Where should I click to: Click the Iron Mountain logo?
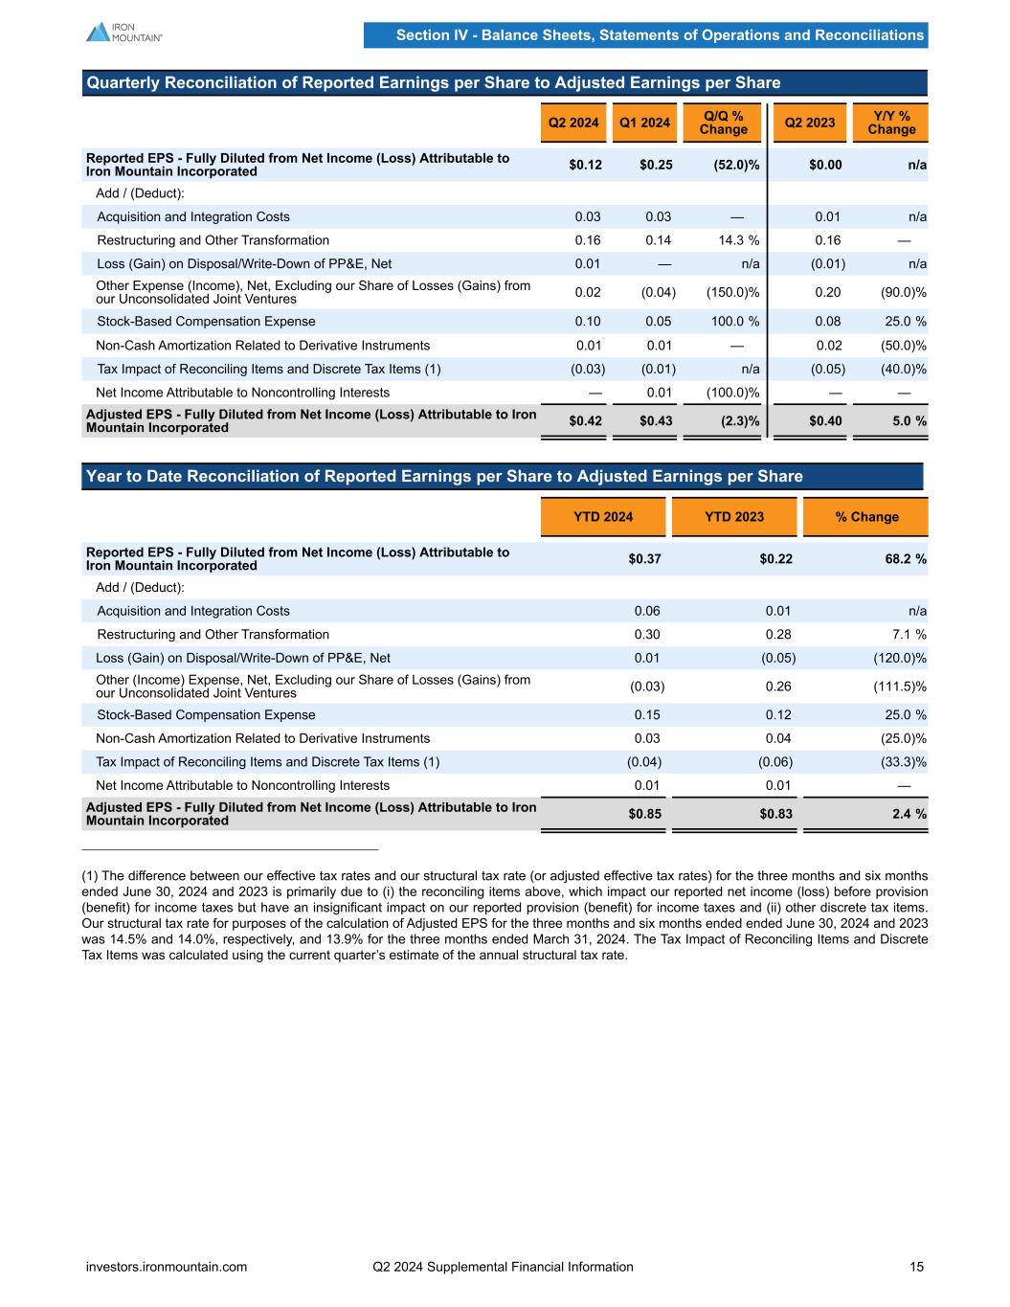(x=124, y=33)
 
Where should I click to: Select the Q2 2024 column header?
(x=572, y=123)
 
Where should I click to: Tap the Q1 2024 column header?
(x=644, y=123)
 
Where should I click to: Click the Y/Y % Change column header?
(x=891, y=123)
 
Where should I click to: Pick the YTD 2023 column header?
(x=734, y=517)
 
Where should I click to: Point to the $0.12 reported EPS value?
(x=585, y=165)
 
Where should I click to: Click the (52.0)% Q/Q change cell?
(x=736, y=165)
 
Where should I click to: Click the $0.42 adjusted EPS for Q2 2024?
(x=585, y=420)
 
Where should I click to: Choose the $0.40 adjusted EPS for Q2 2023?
(x=825, y=420)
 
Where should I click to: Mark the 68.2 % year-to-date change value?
(x=900, y=559)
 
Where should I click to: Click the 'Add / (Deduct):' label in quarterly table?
(x=140, y=193)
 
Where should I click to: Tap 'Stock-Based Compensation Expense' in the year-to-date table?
(x=206, y=715)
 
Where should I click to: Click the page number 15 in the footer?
(x=916, y=1267)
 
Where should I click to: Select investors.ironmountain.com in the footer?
(x=167, y=1267)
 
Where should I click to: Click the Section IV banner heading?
(x=660, y=35)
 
